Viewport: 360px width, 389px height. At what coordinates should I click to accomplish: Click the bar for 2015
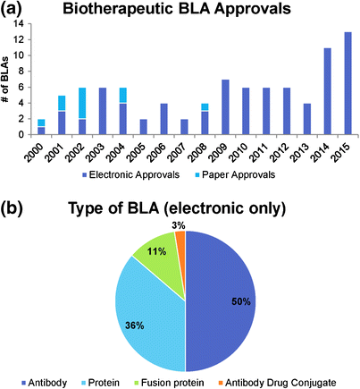tap(347, 82)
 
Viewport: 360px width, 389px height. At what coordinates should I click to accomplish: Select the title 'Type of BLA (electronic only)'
tap(192, 210)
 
